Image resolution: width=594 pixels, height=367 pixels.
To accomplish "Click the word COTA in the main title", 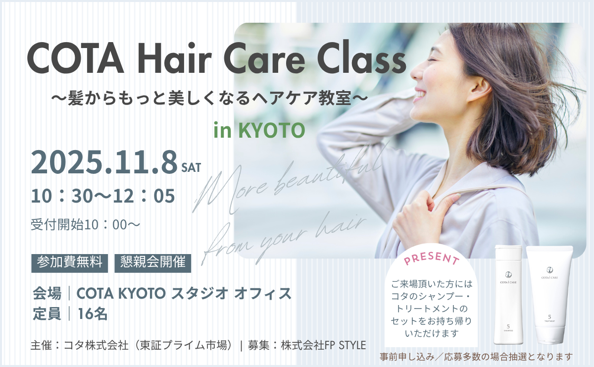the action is pos(75,58).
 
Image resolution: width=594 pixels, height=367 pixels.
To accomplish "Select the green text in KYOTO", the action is pos(259,130).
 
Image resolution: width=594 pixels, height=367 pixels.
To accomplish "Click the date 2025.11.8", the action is pos(104,162).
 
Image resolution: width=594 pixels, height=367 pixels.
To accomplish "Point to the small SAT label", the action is pos(191,167).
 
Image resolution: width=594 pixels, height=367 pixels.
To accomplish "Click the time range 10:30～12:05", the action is pos(103,196).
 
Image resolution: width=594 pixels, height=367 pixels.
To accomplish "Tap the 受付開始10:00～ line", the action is pos(85,224).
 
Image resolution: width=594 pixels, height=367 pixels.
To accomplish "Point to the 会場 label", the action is pos(47,294).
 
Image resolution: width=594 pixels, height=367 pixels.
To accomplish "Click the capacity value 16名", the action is pos(93,314).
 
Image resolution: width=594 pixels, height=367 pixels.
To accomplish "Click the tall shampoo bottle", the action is pos(508,295).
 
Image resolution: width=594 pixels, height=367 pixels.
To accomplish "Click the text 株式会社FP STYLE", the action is pos(324,345).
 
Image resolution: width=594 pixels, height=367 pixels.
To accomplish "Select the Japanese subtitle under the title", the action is pos(209,98).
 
